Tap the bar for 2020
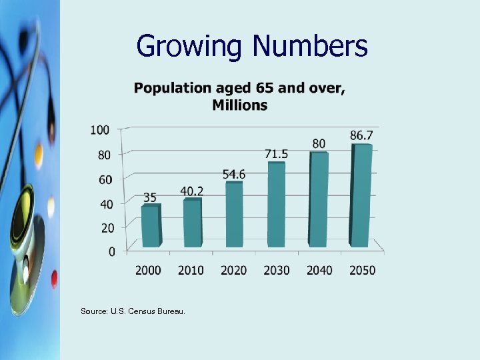(234, 214)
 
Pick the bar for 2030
(276, 204)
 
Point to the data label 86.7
(361, 135)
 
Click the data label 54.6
(234, 174)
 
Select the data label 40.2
(192, 191)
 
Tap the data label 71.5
(276, 154)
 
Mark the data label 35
(150, 197)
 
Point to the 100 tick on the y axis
(100, 129)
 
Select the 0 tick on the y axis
(111, 251)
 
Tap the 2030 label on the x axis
(276, 270)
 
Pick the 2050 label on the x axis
(361, 270)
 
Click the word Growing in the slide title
(190, 47)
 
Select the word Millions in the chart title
(240, 105)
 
